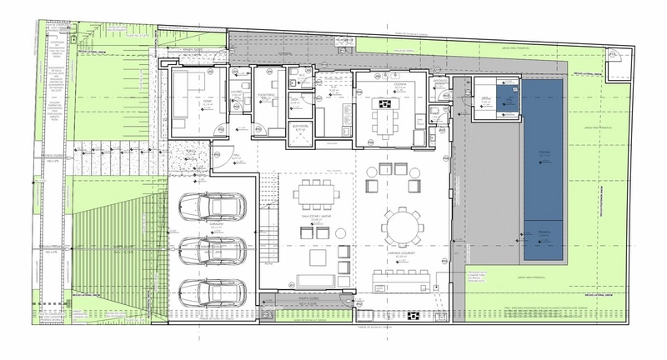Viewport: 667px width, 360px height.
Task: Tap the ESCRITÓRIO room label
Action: pos(265,97)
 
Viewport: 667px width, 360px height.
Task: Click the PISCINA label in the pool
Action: pos(544,152)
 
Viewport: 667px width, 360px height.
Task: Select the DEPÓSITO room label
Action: pos(441,84)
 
